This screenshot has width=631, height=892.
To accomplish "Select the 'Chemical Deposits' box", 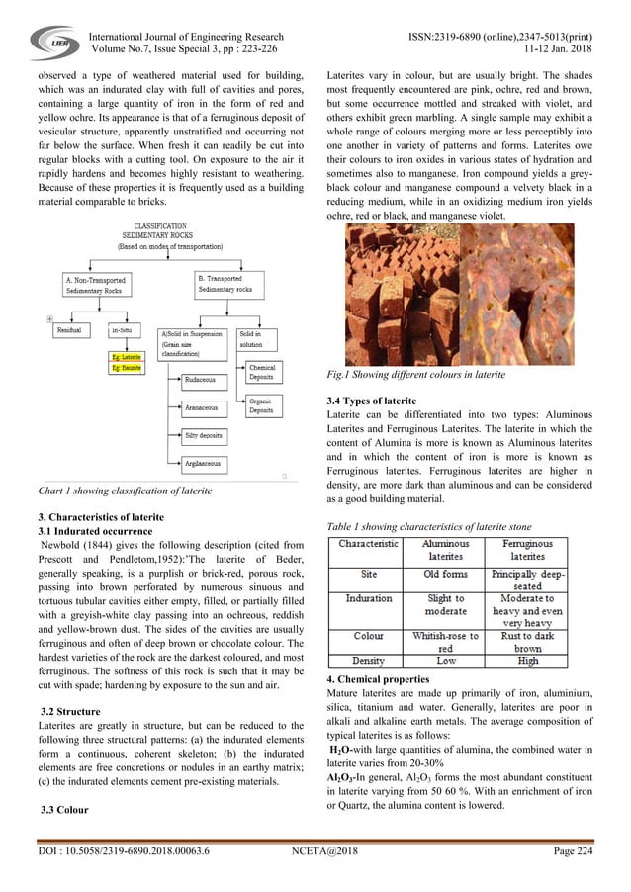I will point(261,372).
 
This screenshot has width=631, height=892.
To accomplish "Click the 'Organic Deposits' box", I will point(260,405).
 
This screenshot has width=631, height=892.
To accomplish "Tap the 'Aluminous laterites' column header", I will point(446,551).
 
